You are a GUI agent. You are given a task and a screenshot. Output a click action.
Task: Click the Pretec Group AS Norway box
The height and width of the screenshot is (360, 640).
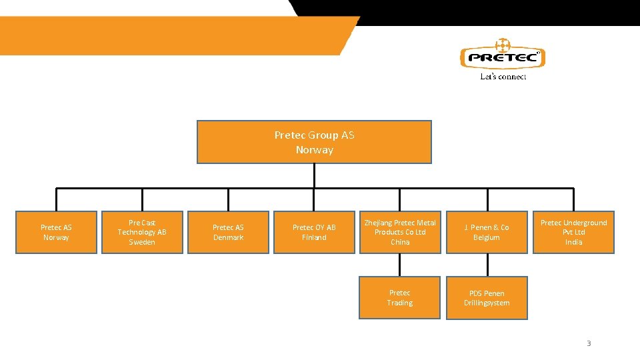[314, 142]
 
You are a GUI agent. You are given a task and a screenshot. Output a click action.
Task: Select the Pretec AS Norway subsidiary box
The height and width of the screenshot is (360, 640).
[56, 232]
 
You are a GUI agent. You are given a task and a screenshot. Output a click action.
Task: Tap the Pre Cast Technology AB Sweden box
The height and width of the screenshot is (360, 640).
[142, 232]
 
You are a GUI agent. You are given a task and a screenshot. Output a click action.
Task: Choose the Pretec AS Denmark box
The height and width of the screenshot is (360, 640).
[228, 232]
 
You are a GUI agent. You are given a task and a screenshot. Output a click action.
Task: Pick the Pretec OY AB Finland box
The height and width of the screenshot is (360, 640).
[314, 232]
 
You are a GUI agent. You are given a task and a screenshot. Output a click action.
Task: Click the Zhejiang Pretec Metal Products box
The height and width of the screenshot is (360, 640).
[400, 232]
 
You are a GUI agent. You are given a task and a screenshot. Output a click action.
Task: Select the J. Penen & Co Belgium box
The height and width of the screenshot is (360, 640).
[487, 232]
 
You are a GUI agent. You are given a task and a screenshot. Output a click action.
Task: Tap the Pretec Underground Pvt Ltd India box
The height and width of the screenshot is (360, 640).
[573, 232]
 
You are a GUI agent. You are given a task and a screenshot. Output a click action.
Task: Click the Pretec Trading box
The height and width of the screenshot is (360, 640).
[400, 297]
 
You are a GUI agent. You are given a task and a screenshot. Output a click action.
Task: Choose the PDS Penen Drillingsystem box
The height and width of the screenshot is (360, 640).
[487, 298]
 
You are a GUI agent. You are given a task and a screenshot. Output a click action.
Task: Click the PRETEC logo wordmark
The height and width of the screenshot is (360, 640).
[503, 57]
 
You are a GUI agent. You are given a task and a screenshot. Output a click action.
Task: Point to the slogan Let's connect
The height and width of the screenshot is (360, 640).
[503, 77]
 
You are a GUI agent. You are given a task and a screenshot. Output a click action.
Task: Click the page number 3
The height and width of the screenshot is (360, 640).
[589, 343]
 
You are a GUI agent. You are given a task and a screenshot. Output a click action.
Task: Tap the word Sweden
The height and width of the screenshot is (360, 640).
[142, 242]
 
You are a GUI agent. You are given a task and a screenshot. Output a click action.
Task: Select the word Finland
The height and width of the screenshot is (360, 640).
[314, 237]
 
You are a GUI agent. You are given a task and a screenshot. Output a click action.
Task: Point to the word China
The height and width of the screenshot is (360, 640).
[400, 242]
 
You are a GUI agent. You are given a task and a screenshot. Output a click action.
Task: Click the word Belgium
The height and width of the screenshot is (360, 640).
[487, 237]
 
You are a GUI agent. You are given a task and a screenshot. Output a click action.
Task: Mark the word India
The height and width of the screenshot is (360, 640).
[573, 242]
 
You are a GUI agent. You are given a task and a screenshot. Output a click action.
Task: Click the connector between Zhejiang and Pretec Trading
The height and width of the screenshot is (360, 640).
[400, 265]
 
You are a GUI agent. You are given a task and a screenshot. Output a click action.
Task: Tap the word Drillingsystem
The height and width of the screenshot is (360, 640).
[487, 303]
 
